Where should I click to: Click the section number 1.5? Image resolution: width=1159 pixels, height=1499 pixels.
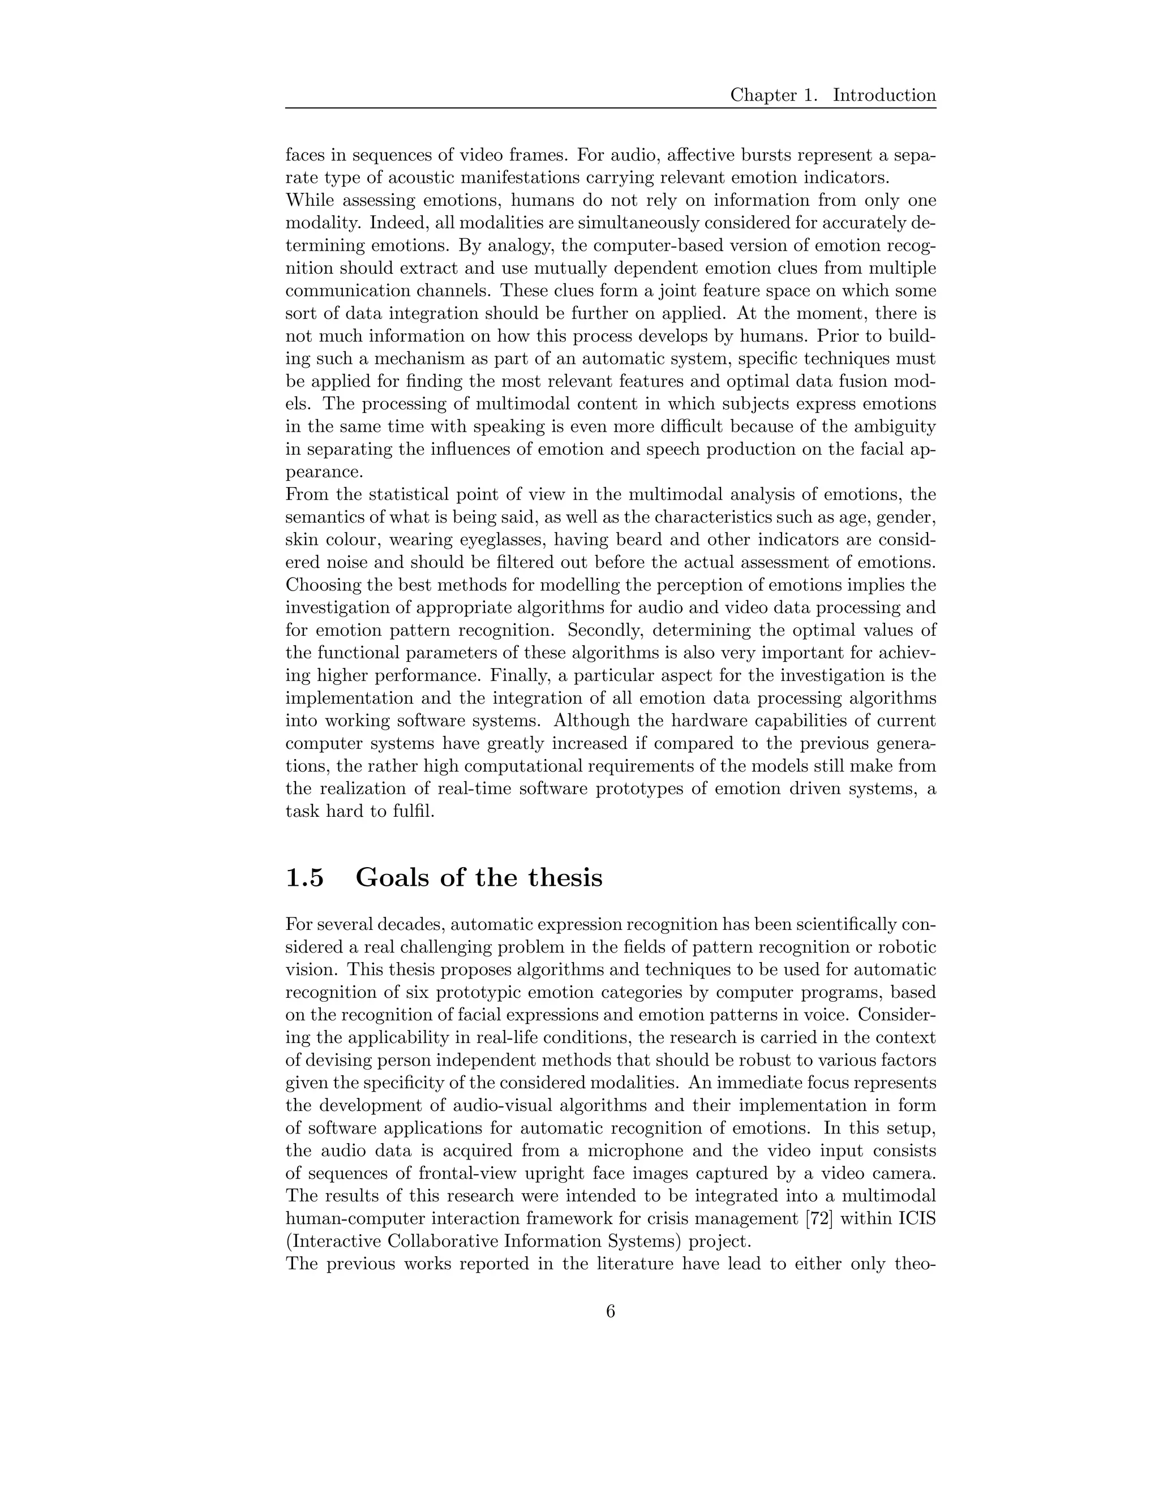click(x=304, y=878)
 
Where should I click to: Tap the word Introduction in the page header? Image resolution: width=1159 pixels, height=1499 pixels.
click(x=885, y=96)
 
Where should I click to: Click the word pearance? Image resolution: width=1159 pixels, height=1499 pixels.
click(x=322, y=473)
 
